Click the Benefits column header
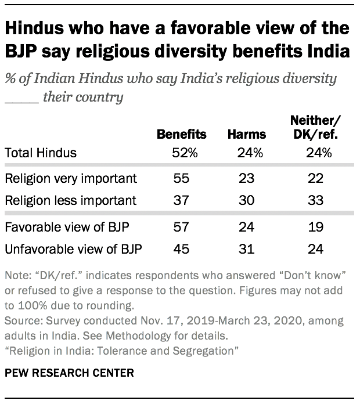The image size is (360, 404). [x=181, y=134]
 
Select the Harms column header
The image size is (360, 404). [x=246, y=134]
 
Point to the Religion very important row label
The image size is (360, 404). [x=70, y=178]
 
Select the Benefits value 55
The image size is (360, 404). [x=181, y=178]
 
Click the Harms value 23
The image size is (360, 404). [x=246, y=178]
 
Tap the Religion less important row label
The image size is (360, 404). [x=70, y=200]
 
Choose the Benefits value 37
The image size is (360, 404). [x=181, y=200]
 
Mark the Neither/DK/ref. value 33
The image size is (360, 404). [x=315, y=200]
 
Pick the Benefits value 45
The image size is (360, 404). [x=181, y=250]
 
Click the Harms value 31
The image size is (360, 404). [x=246, y=250]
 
